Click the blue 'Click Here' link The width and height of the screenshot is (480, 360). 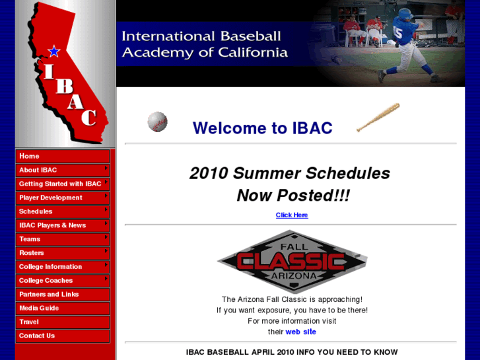292,215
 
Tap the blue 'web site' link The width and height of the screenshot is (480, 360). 300,332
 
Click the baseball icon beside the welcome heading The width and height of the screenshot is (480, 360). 157,122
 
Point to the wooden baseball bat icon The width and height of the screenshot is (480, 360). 378,118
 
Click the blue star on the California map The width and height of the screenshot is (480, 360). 54,51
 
